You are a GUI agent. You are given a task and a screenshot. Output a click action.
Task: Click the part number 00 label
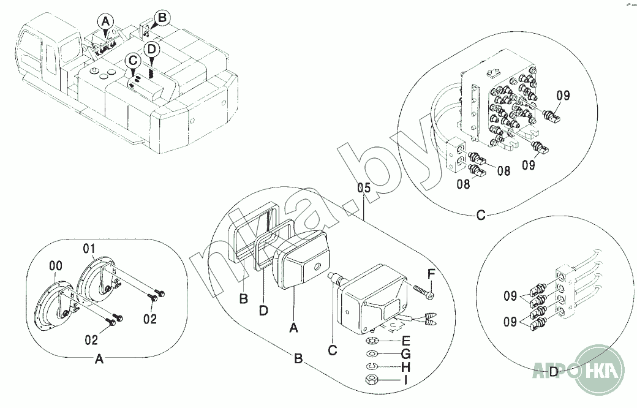55,266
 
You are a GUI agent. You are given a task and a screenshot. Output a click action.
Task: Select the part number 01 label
89,248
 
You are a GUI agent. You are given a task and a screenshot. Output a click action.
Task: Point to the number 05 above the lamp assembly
364,189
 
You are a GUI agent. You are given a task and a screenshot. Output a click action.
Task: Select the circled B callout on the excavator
161,18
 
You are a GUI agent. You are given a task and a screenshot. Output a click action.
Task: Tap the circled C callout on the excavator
132,60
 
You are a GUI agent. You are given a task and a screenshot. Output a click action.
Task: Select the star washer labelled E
371,340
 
